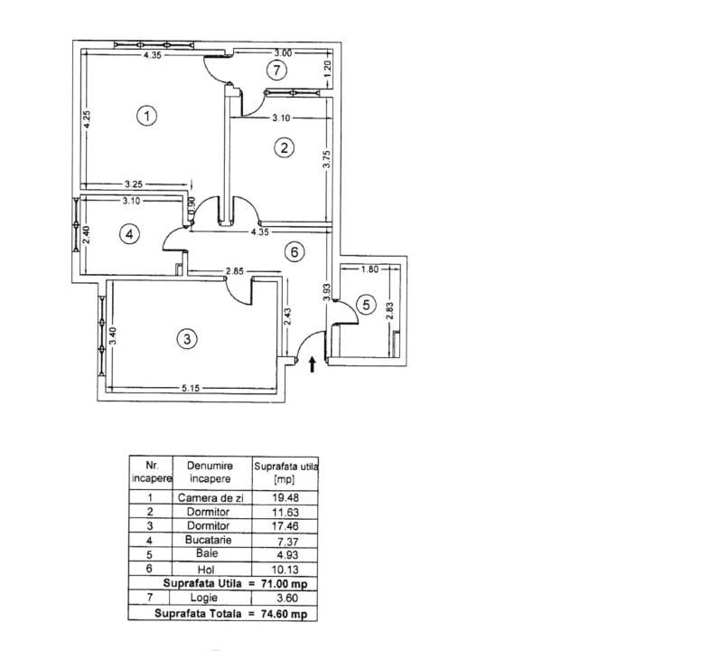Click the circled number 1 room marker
pos(146,116)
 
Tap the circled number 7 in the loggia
pos(277,70)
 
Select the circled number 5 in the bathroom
pos(366,305)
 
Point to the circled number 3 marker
pos(187,339)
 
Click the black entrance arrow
pos(313,364)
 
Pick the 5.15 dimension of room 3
pos(191,389)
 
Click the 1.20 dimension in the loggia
pos(328,69)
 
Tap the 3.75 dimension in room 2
pos(327,159)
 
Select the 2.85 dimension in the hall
pos(235,271)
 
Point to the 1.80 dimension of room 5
pos(369,269)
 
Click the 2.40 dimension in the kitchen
pos(87,234)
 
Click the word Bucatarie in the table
pos(209,540)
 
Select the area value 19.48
pos(285,497)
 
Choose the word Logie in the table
pos(204,598)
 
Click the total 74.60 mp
pos(285,613)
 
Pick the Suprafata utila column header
pos(286,473)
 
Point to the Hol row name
pos(206,570)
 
